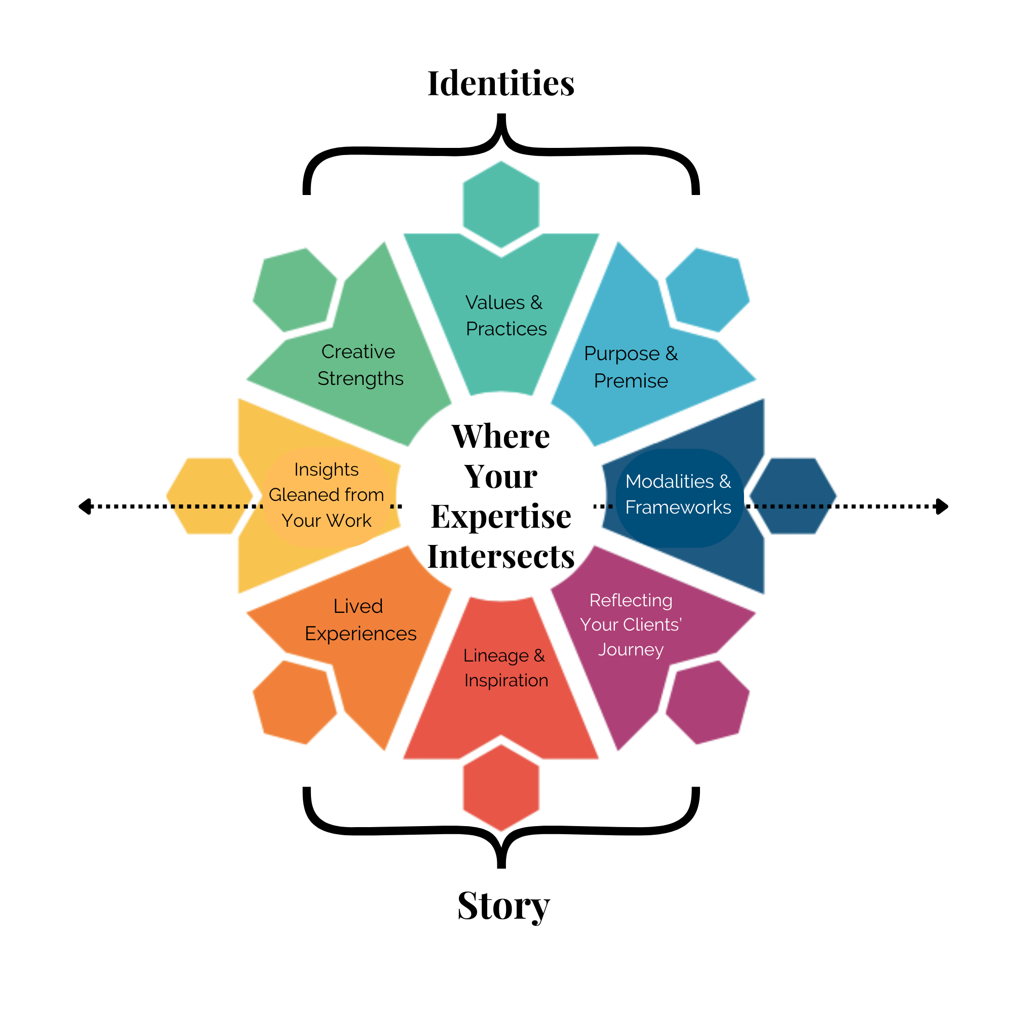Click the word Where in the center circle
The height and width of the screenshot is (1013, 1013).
(x=501, y=437)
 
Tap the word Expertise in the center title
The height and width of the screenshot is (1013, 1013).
(x=501, y=517)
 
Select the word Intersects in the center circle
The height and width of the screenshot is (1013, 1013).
(x=501, y=556)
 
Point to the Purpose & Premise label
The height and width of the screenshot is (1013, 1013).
(x=631, y=367)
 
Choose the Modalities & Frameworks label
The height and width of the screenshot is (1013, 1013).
(x=678, y=494)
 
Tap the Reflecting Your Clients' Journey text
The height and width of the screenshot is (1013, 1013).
(x=631, y=625)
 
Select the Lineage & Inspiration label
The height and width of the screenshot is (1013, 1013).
(x=505, y=668)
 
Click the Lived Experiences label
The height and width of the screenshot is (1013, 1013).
(x=360, y=620)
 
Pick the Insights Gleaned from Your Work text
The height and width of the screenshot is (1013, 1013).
(x=326, y=495)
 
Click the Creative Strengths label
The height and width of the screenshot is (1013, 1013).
(x=360, y=365)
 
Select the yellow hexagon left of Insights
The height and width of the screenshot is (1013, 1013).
(x=208, y=495)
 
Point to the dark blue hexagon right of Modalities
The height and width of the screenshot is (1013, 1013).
(x=793, y=495)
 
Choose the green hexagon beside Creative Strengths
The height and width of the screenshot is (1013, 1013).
(x=295, y=289)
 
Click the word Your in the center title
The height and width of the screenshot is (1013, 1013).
(x=501, y=477)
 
